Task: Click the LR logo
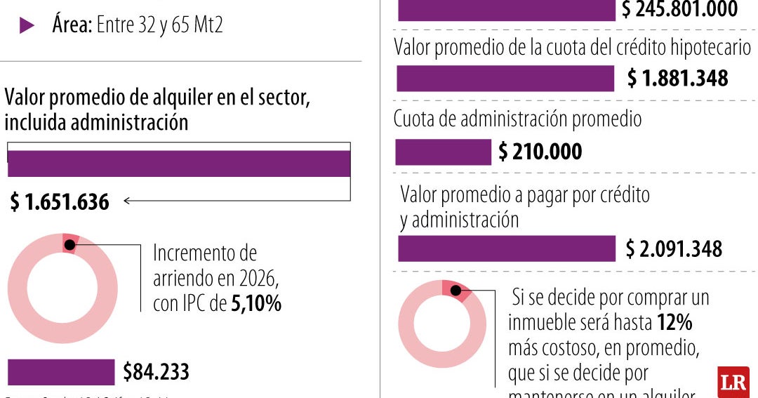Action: click(x=733, y=382)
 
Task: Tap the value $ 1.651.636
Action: click(x=60, y=202)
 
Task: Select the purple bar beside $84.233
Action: click(x=60, y=372)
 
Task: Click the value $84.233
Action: click(x=156, y=372)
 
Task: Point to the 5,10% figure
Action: click(x=256, y=304)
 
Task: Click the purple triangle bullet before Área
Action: click(x=27, y=26)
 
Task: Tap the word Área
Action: click(x=71, y=25)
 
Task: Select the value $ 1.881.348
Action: click(x=677, y=79)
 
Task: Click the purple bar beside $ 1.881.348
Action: click(x=505, y=79)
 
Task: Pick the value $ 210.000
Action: click(x=540, y=152)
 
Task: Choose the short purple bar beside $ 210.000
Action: click(x=443, y=152)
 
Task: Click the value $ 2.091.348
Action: click(x=674, y=248)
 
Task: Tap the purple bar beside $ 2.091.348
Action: click(x=506, y=248)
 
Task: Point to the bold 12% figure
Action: click(x=674, y=323)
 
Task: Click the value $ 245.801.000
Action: click(x=679, y=9)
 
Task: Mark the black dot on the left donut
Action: click(x=69, y=244)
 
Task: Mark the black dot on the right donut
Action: click(x=456, y=289)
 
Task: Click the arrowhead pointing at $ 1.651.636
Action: click(x=127, y=201)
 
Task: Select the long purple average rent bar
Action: click(x=178, y=164)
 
